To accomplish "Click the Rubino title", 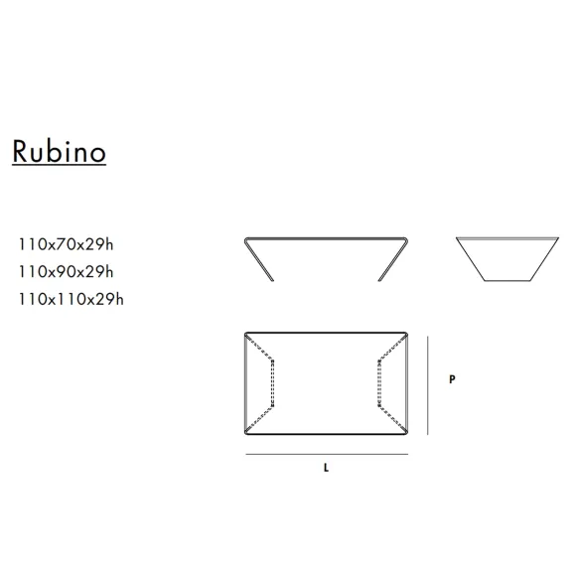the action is (x=60, y=151).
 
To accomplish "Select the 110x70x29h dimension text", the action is (x=66, y=244).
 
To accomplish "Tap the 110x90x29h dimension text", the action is (x=66, y=272).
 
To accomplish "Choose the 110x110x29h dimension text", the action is (x=72, y=299).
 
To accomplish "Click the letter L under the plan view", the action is (x=326, y=468).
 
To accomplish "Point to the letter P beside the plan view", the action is (x=452, y=379).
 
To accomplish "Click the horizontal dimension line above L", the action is (x=327, y=454).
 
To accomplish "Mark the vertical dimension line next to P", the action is (x=428, y=385).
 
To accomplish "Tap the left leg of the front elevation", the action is (x=259, y=260).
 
